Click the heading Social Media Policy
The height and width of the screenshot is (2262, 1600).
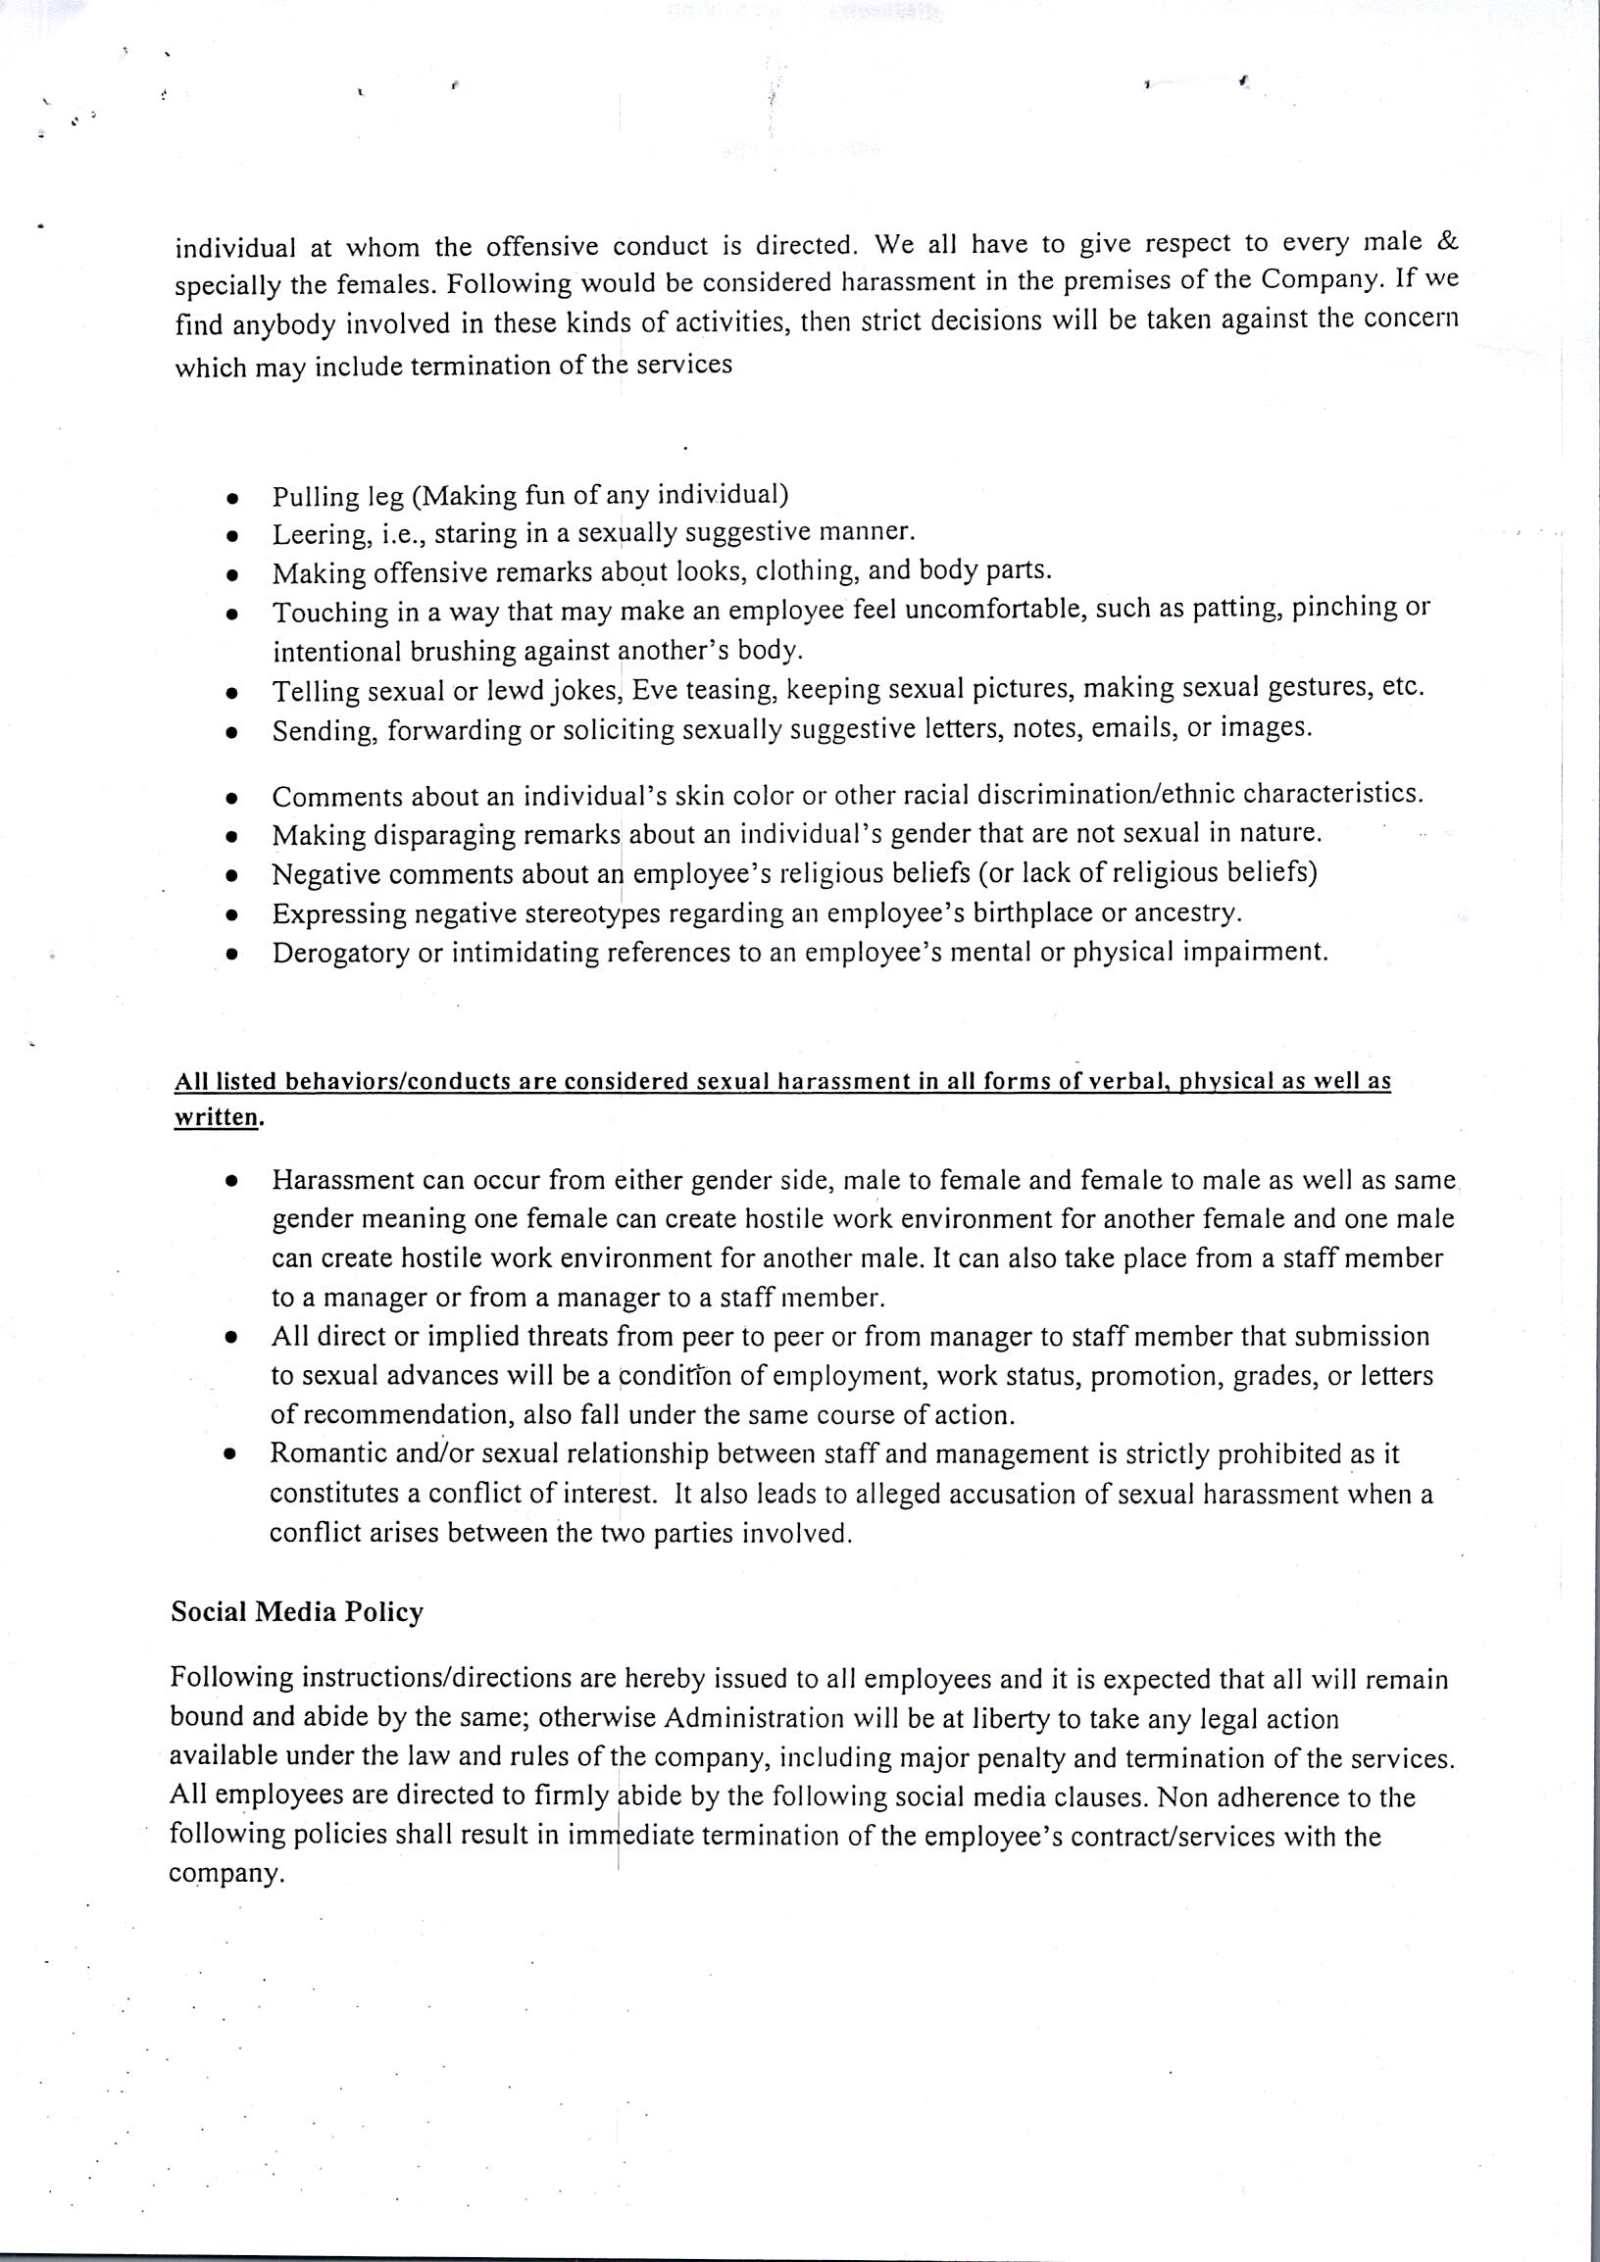(x=296, y=1613)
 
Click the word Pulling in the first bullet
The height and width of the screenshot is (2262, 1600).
(x=308, y=496)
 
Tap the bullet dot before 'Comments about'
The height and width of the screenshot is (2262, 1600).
(x=232, y=798)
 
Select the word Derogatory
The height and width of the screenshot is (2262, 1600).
(x=341, y=954)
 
